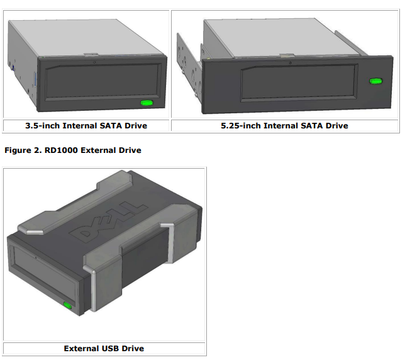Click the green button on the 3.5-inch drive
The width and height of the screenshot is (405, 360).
(x=147, y=103)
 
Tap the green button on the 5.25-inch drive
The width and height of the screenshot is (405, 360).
(x=376, y=81)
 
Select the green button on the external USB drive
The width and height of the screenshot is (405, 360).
(x=68, y=305)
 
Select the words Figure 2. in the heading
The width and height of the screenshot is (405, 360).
(x=23, y=150)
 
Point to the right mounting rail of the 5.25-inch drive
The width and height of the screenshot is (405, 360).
(x=352, y=43)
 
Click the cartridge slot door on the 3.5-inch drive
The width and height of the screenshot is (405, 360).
(x=102, y=81)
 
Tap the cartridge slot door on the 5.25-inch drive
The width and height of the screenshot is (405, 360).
(x=299, y=82)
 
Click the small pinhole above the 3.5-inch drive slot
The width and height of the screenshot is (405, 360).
(x=94, y=62)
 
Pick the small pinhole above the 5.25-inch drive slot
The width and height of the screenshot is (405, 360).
(x=291, y=63)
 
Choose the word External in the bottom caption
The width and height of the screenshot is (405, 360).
(x=79, y=349)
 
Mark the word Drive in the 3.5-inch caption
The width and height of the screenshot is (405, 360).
(x=136, y=126)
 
